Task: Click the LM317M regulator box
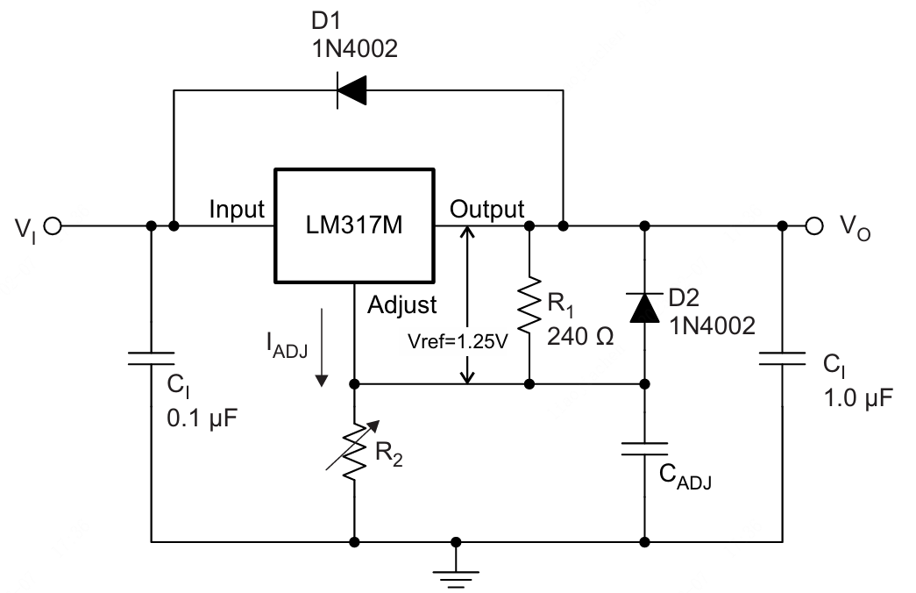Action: point(354,226)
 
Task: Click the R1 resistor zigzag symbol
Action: point(529,305)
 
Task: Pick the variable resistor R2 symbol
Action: point(354,451)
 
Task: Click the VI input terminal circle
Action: point(53,227)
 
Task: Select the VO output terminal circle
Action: point(814,226)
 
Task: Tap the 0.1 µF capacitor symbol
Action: point(151,359)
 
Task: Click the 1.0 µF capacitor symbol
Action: point(781,359)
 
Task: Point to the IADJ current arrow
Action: point(323,346)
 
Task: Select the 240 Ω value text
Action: point(580,336)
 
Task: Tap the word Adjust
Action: point(401,305)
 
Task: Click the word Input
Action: point(236,210)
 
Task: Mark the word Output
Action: point(486,210)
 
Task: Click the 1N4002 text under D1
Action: point(354,49)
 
